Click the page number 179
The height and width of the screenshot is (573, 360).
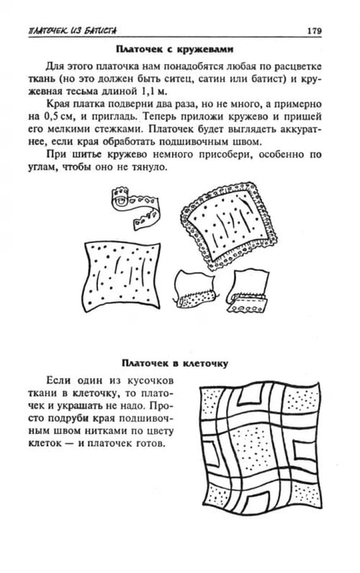pos(314,31)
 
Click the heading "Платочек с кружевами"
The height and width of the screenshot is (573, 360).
pos(174,49)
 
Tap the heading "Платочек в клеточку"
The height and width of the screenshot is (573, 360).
pos(175,363)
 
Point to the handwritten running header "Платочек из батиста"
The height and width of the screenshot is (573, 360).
pos(73,31)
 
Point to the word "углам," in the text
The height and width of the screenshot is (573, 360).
pos(43,167)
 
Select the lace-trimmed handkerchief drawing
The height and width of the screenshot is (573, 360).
pos(229,225)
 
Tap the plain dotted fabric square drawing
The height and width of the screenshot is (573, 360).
pos(122,277)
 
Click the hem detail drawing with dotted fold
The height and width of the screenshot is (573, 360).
pos(194,289)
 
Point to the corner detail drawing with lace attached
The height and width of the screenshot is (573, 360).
pos(248,291)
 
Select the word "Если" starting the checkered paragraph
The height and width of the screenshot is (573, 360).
pos(59,380)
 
